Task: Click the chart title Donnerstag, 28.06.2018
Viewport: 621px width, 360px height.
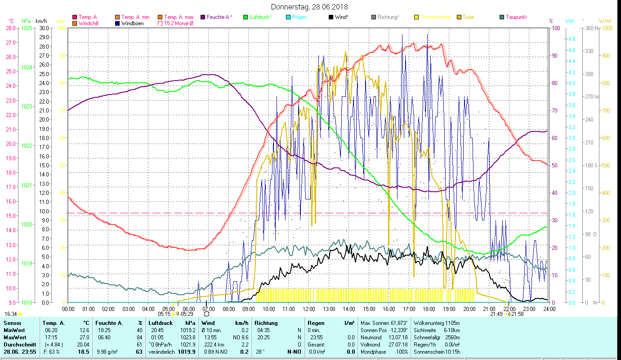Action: (310, 7)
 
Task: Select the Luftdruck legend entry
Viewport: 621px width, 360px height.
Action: (261, 17)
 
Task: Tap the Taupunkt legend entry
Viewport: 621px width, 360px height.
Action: (516, 17)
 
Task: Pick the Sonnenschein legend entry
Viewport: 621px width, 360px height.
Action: (435, 17)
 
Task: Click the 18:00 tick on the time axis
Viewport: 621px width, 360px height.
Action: (429, 309)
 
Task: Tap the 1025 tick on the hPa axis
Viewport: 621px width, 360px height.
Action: (27, 28)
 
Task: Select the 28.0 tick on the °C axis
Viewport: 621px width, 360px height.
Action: (11, 28)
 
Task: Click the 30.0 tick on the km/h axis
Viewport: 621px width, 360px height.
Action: (44, 28)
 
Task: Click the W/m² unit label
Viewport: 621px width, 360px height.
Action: (605, 21)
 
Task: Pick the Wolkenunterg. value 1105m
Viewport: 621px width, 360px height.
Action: (452, 323)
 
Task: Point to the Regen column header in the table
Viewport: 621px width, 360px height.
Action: (316, 323)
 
